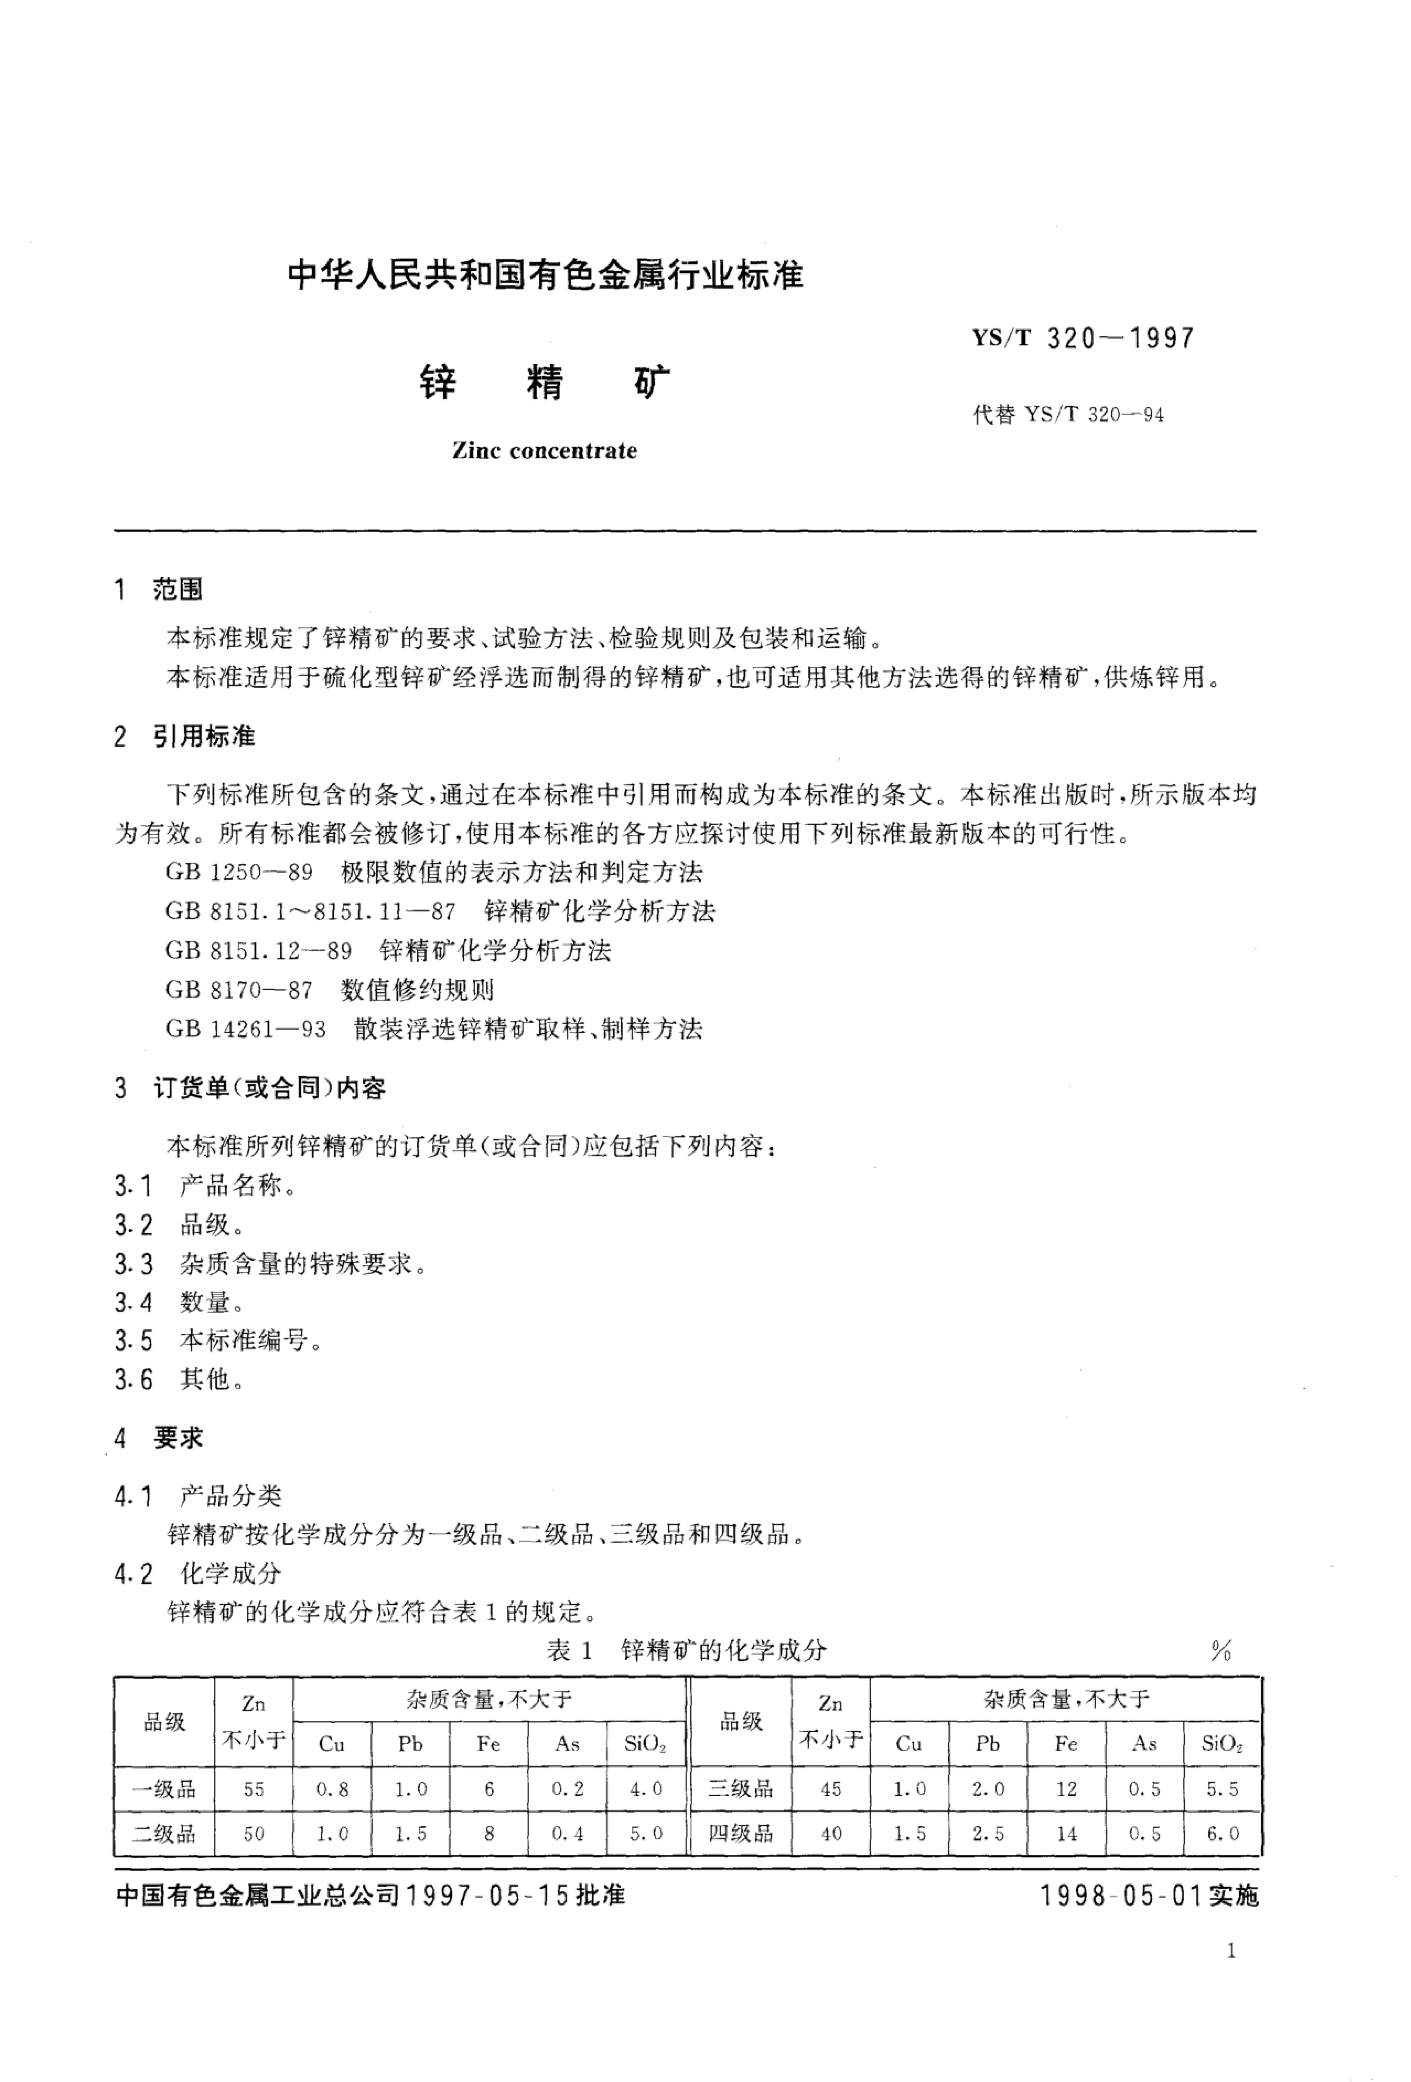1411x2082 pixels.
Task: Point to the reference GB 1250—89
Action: tap(239, 872)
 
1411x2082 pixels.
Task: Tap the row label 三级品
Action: tap(740, 1789)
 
